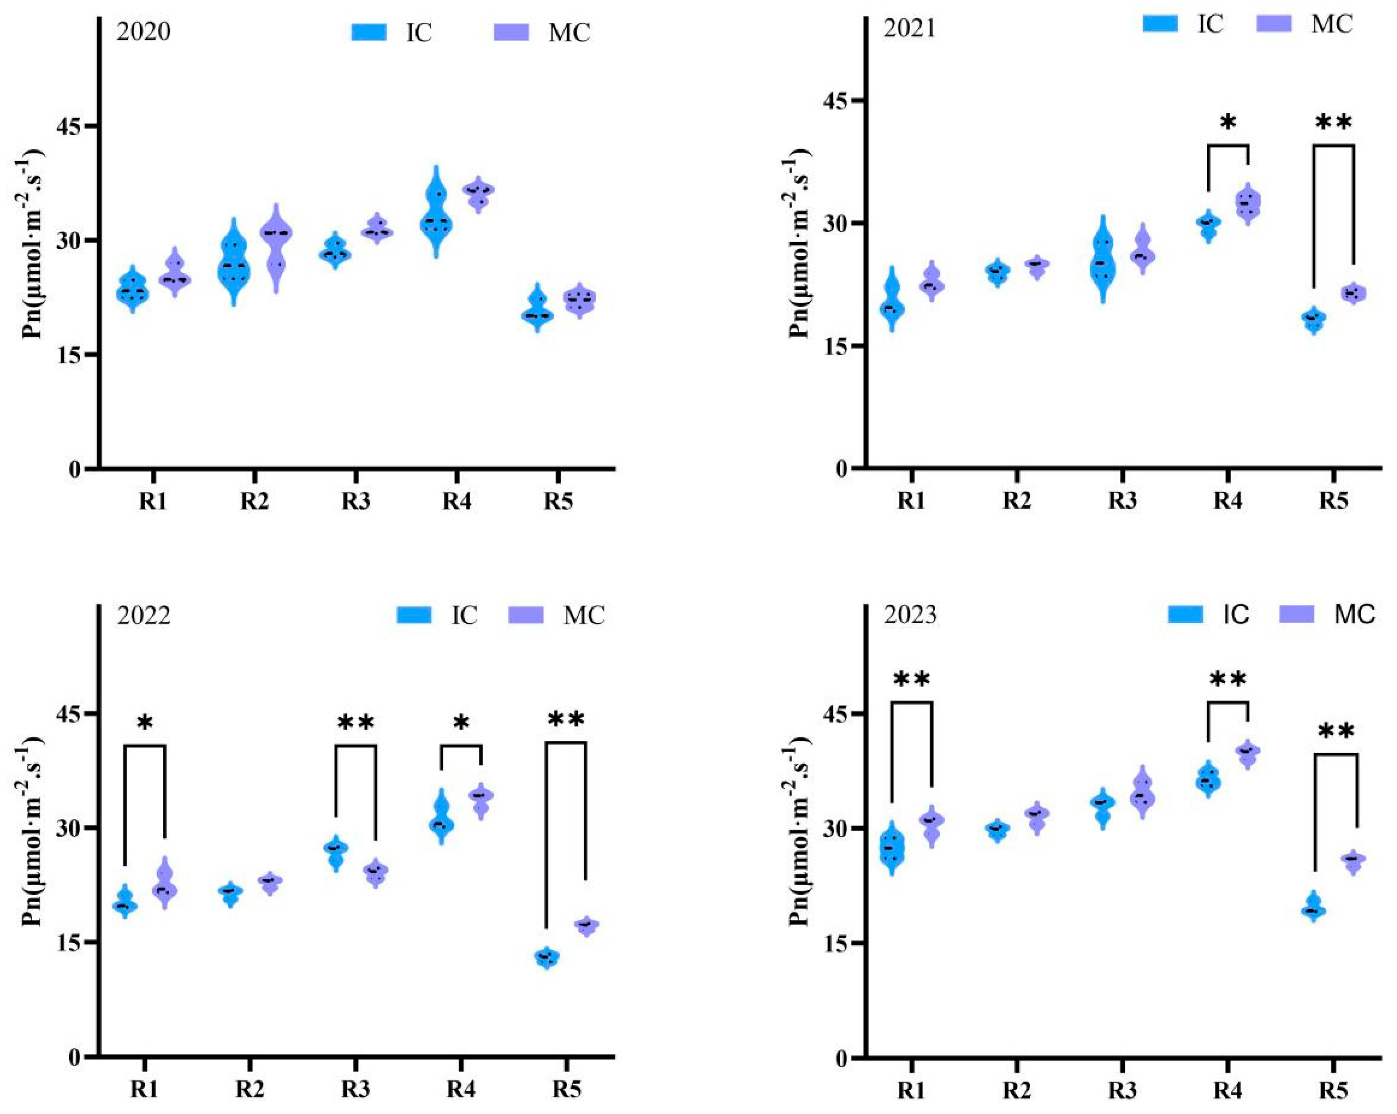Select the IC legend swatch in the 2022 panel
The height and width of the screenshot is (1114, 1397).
[x=414, y=615]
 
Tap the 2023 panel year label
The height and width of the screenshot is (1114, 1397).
[x=910, y=615]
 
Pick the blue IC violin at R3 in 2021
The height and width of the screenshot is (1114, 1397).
[x=1101, y=259]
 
